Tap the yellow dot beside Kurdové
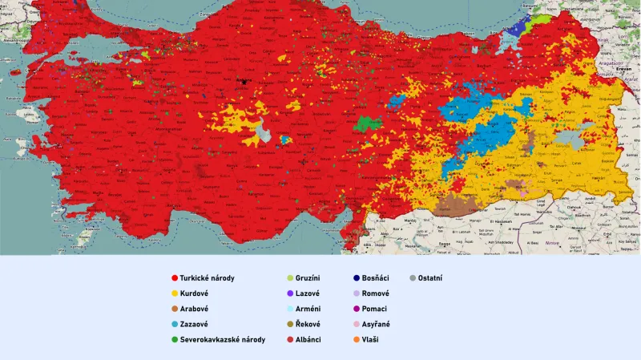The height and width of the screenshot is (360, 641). (174, 293)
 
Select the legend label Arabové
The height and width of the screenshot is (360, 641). (195, 309)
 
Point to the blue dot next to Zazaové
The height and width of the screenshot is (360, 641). (174, 325)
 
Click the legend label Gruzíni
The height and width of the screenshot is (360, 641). (311, 278)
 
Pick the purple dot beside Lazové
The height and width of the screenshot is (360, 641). (289, 293)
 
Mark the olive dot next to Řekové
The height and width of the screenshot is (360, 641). (289, 325)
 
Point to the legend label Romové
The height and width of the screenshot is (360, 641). (376, 293)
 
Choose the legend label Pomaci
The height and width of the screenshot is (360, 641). (375, 309)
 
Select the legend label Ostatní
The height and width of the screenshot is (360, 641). (430, 278)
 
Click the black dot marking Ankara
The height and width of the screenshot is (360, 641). (243, 80)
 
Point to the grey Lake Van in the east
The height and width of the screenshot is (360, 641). (570, 138)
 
